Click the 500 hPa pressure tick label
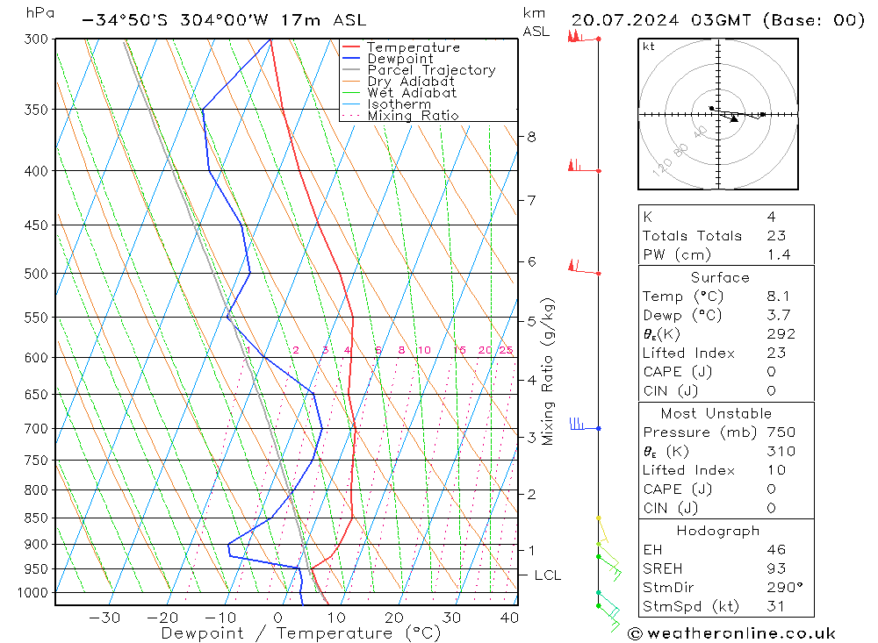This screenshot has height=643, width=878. point(37,274)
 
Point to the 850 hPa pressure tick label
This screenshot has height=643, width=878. point(37,518)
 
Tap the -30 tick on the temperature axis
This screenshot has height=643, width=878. point(104,618)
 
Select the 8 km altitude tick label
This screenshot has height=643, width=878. point(531,137)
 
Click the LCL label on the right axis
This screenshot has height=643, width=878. point(548,575)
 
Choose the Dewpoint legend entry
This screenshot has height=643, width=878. point(400,59)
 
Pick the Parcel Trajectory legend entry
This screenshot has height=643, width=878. point(431,70)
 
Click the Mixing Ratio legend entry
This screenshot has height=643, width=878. point(413,116)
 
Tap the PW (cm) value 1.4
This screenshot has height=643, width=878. point(778,255)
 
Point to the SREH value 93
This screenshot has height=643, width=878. point(776,569)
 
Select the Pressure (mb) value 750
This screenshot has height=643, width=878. point(780,432)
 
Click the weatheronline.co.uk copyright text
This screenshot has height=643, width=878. point(731,633)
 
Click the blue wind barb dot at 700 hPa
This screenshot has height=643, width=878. point(598,428)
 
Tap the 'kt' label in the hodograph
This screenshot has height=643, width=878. point(649,46)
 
